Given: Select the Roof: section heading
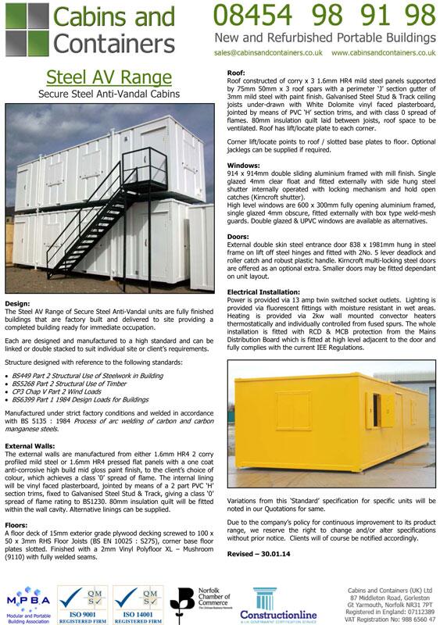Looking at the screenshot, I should click(236, 72).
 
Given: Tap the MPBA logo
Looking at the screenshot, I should click(30, 600).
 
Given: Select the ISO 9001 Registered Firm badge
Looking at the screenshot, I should click(87, 600).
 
